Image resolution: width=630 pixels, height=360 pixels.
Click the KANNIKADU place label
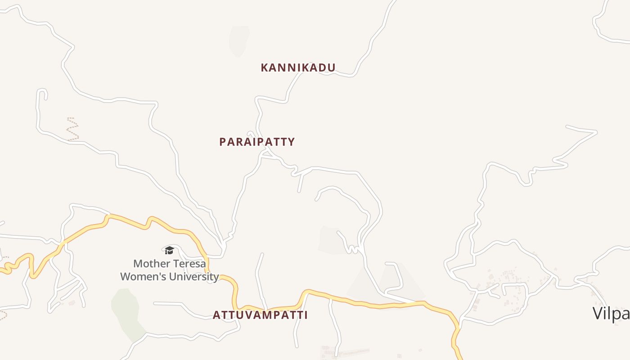click(x=298, y=68)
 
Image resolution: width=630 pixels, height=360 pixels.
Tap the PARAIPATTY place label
click(x=257, y=142)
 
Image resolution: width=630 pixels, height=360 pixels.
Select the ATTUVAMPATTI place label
click(x=260, y=315)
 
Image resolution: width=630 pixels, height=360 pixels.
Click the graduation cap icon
click(x=169, y=250)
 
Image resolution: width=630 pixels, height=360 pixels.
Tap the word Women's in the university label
click(x=139, y=277)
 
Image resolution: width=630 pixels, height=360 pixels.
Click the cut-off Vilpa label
click(x=611, y=313)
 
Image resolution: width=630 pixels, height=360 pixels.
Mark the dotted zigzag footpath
click(x=72, y=129)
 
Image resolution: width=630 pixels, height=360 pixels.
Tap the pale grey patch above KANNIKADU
click(x=238, y=40)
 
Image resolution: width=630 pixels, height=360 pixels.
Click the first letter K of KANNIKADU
click(x=265, y=68)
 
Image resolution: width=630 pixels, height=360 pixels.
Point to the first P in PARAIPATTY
click(x=222, y=142)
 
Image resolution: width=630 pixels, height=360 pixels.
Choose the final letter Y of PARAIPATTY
click(x=292, y=142)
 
